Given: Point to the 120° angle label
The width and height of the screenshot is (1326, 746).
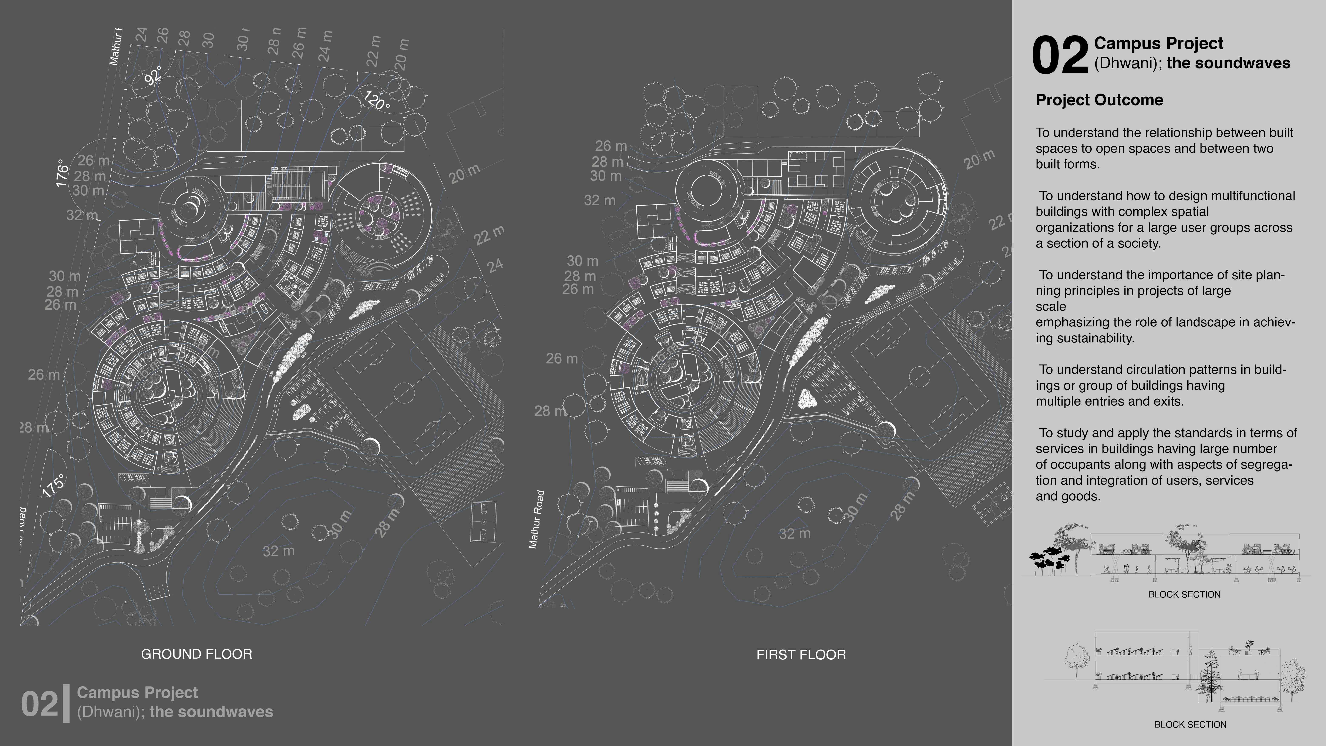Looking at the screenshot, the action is tap(376, 100).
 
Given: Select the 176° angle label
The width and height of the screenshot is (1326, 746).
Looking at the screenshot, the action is tap(62, 173).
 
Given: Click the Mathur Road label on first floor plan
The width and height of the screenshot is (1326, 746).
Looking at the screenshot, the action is tap(536, 519).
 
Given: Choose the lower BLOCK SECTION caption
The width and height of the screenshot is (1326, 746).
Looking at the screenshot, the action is tap(1190, 724).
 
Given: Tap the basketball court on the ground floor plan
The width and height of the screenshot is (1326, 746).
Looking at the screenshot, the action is tap(484, 521).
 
